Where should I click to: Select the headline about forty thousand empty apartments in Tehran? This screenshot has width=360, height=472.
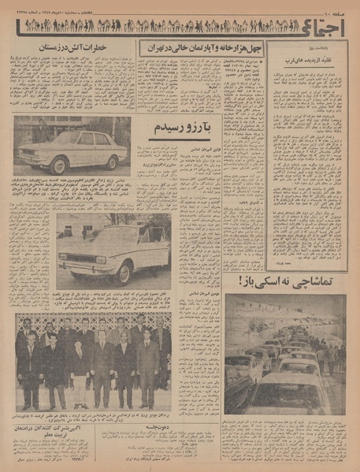(x=201, y=48)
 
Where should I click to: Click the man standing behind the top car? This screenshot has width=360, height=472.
(x=39, y=132)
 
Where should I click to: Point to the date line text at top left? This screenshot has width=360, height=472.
(x=71, y=8)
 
